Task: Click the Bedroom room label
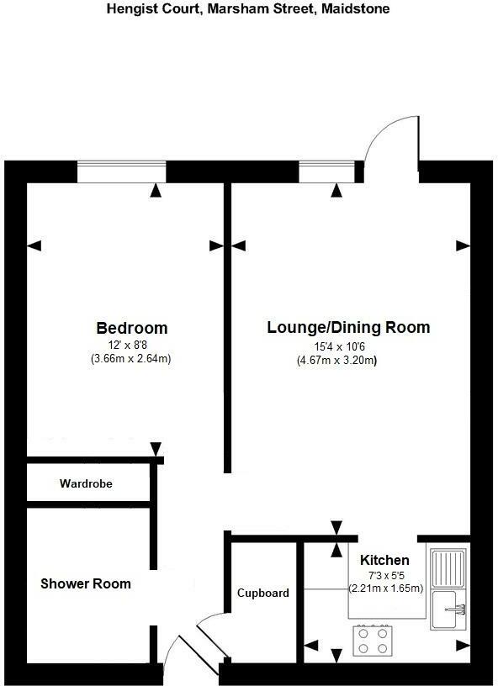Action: coord(131,328)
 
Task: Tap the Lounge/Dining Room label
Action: coord(348,328)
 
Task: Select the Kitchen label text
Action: coord(384,560)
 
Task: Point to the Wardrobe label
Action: coord(86,484)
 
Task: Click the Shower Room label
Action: coord(86,583)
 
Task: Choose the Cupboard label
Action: coord(262,593)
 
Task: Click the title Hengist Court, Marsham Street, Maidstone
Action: coord(248,9)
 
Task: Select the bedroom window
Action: coord(121,171)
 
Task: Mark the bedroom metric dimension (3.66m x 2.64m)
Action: coord(131,358)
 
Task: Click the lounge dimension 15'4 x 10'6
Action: coord(336,346)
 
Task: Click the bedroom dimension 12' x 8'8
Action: coord(131,345)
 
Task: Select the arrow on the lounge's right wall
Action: coord(463,245)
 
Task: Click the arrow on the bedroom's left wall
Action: coord(34,245)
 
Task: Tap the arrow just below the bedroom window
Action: coord(155,191)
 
